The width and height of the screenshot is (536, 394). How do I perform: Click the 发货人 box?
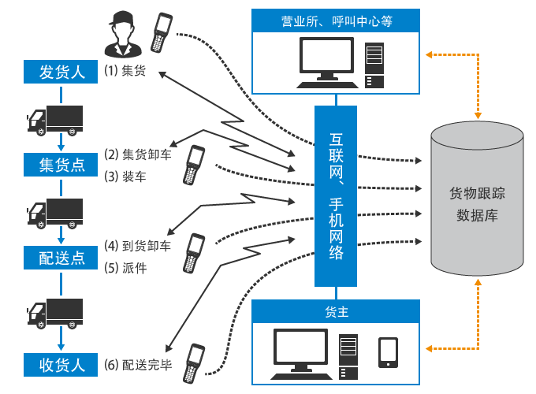point(62,72)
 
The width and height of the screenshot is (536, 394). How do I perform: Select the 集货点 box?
point(62,164)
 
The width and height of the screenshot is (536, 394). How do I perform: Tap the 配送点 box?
point(62,257)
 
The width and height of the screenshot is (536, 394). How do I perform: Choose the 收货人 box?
point(62,365)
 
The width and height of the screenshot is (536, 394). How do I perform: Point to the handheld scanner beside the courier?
point(162,33)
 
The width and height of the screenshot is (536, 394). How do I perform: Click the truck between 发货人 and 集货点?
point(55,119)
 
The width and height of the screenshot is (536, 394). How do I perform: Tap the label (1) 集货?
point(126,72)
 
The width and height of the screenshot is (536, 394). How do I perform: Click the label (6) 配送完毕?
point(138,365)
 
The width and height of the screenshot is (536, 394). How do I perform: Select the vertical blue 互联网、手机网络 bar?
point(337,196)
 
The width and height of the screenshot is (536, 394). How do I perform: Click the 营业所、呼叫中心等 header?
point(337,22)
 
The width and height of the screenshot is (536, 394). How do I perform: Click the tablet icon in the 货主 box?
point(387,352)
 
